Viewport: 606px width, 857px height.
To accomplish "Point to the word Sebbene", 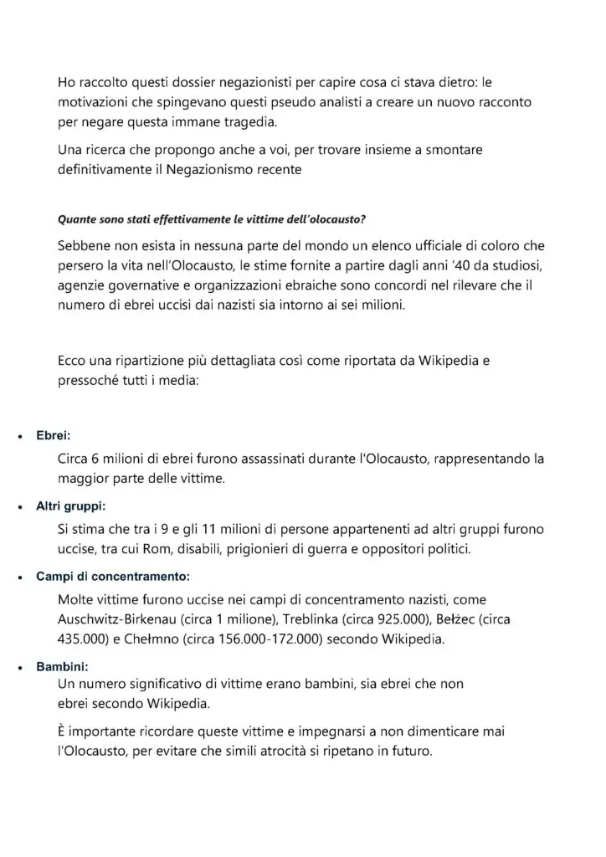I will click(x=86, y=249).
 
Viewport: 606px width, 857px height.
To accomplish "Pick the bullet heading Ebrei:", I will click(x=54, y=436).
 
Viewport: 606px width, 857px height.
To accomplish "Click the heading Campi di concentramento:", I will click(x=113, y=577).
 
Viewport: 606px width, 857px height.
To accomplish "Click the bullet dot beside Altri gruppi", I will click(x=19, y=507).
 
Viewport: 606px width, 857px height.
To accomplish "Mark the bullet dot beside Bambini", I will click(x=19, y=667).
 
